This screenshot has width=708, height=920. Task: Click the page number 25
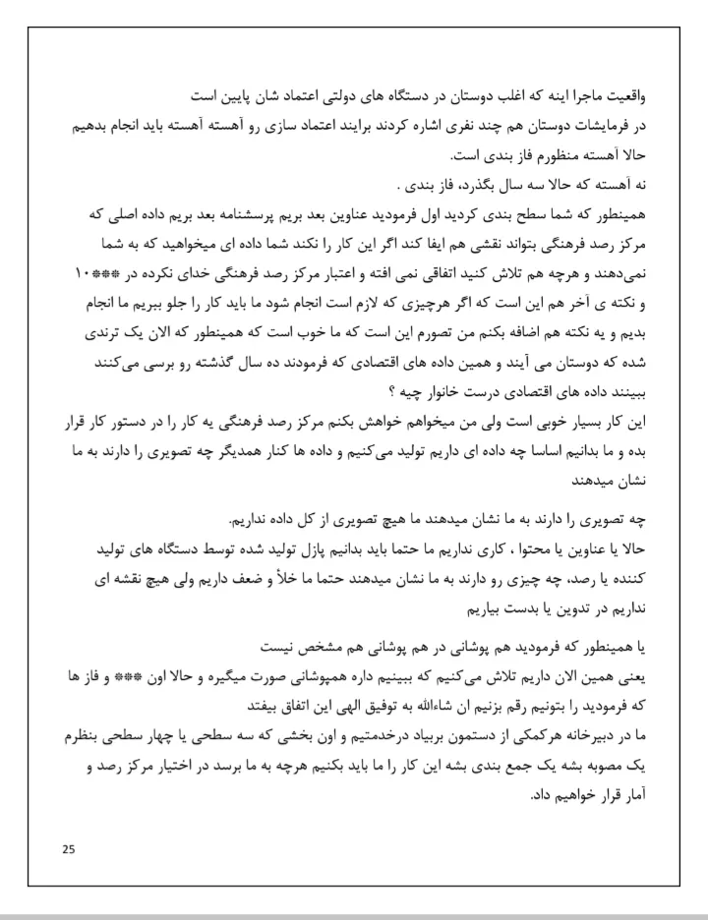tap(67, 848)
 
